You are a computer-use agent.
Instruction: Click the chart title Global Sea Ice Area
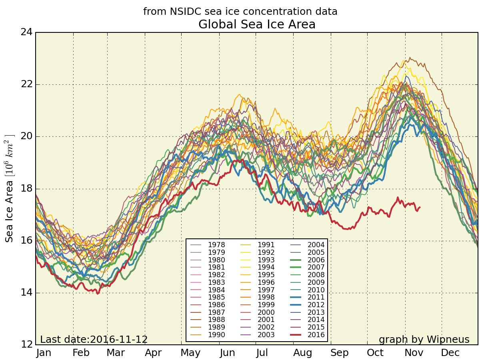(x=257, y=24)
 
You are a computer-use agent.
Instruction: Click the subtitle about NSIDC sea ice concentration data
(x=240, y=12)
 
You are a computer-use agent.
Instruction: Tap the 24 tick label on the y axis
(x=26, y=32)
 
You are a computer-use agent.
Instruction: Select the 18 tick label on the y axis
(x=26, y=189)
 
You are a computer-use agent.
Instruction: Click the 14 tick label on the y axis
(x=26, y=293)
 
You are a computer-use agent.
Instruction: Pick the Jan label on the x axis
(x=44, y=353)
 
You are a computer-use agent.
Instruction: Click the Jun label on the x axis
(x=227, y=353)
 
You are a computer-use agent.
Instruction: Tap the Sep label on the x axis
(x=339, y=353)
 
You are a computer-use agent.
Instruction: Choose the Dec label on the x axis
(x=450, y=353)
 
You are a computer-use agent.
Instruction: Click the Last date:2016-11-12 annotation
(x=94, y=340)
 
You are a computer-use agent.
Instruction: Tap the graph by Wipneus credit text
(x=424, y=340)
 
